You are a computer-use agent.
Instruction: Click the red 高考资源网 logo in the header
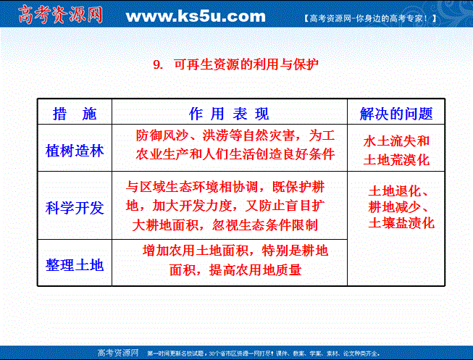(x=60, y=14)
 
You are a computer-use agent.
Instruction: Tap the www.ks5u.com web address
(x=196, y=16)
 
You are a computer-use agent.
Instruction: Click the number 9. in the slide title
(x=158, y=64)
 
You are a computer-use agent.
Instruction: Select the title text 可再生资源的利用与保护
(x=246, y=64)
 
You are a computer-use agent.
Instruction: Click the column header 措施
(x=75, y=114)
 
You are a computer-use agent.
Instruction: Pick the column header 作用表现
(x=229, y=114)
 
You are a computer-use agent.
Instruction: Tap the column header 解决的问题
(x=396, y=114)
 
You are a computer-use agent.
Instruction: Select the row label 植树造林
(x=75, y=151)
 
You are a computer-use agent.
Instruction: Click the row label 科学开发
(x=75, y=208)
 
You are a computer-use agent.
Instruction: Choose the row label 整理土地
(x=75, y=265)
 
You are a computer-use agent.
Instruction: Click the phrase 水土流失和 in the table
(x=396, y=141)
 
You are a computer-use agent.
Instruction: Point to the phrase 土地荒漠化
(x=396, y=160)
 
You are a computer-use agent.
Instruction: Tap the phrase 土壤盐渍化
(x=401, y=223)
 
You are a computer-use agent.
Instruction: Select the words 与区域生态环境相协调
(x=191, y=187)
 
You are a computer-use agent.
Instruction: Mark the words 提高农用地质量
(x=255, y=269)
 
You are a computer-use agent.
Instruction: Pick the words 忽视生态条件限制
(x=264, y=225)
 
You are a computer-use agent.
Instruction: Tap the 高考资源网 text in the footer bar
(x=118, y=353)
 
